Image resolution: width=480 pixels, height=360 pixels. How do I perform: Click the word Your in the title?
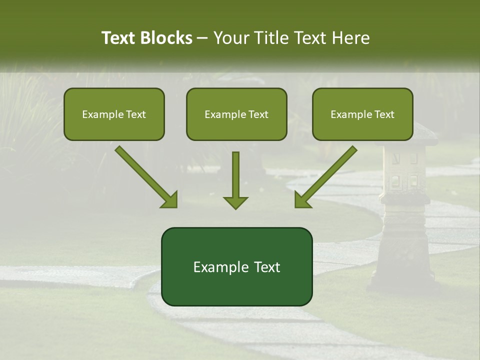coord(230,38)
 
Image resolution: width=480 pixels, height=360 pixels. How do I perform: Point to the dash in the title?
coord(202,38)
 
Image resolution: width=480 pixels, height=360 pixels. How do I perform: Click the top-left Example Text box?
coord(114,114)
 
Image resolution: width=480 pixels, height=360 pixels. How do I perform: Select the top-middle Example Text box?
coord(236,114)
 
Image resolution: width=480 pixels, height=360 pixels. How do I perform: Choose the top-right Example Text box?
coord(362,114)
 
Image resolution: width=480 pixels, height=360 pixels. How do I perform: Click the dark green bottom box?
coord(236,266)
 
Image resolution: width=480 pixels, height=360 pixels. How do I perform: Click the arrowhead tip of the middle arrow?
coord(235,207)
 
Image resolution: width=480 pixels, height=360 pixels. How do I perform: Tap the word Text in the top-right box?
coord(384,114)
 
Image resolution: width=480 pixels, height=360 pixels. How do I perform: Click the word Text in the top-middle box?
coord(258,114)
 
